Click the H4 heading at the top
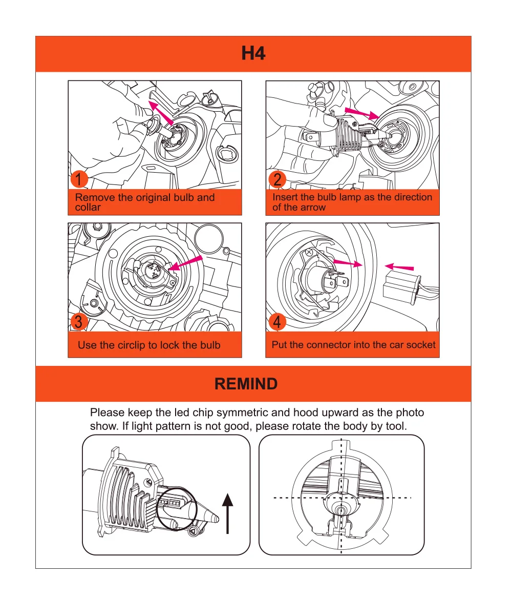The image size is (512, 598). point(253,53)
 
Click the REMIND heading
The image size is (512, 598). point(246,384)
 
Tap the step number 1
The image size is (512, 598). point(79,180)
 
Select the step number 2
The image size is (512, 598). point(278,180)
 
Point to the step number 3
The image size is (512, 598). point(79,322)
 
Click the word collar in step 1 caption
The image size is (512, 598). point(88,208)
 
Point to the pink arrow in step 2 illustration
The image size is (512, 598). point(361,113)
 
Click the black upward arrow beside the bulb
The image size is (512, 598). point(227,512)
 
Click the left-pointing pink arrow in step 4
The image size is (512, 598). point(399,266)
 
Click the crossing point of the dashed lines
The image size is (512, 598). point(342,498)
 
